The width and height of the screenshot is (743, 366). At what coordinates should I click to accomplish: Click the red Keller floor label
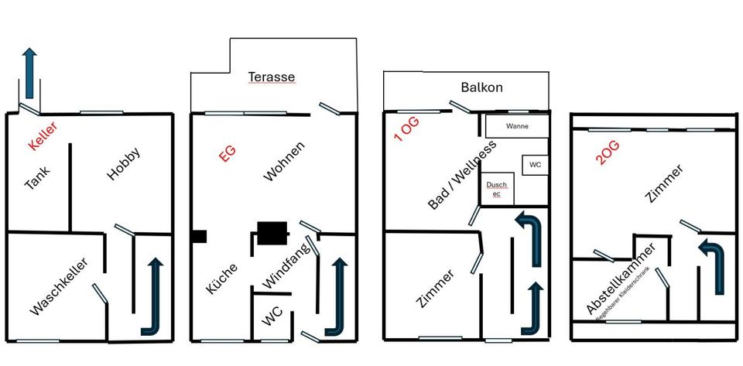(x=42, y=136)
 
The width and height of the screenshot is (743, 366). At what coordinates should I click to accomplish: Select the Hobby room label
(x=124, y=163)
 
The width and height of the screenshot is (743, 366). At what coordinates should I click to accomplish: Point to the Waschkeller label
(x=59, y=287)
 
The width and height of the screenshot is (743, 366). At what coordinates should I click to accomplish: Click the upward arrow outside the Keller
(x=29, y=72)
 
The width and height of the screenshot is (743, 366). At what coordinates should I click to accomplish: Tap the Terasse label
(x=272, y=77)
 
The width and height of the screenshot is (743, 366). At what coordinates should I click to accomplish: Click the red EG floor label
(x=227, y=152)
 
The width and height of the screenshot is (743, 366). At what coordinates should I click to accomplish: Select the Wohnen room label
(x=284, y=161)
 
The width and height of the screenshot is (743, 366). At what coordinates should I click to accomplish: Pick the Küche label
(x=221, y=279)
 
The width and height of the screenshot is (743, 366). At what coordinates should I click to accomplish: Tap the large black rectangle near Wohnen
(x=272, y=232)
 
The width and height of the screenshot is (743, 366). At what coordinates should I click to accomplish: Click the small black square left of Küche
(x=199, y=236)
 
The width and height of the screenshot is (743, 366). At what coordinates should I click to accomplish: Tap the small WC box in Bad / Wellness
(x=536, y=165)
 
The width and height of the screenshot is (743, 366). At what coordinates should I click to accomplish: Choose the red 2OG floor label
(x=608, y=153)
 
